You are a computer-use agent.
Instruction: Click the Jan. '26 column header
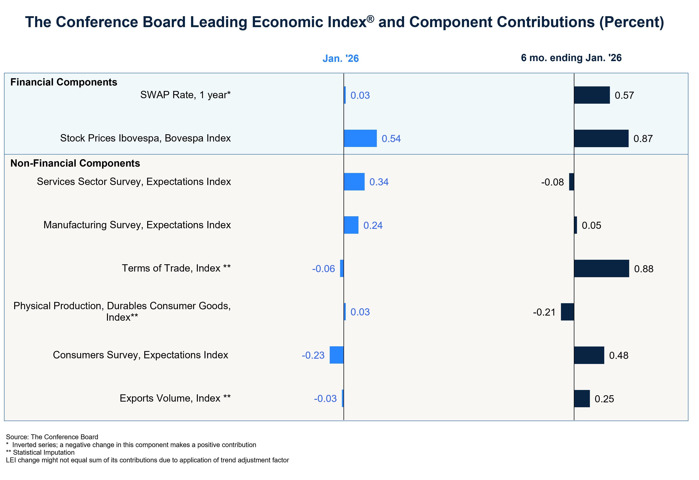point(340,58)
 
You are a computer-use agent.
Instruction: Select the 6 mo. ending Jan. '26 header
point(571,58)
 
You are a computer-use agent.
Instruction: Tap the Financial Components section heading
point(63,82)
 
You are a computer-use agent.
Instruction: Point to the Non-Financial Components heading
point(75,163)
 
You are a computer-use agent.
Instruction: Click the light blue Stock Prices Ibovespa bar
point(360,138)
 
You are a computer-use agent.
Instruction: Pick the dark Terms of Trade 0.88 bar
point(601,268)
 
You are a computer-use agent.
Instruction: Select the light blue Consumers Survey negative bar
point(337,355)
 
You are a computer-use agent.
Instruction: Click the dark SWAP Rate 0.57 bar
point(592,95)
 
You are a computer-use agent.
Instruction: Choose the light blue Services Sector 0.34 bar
point(354,182)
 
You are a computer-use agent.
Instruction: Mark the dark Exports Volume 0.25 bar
point(582,399)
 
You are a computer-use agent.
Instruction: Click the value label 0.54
point(391,139)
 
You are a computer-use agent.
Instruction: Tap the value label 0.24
point(373,225)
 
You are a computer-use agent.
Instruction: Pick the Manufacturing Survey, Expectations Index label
point(137,225)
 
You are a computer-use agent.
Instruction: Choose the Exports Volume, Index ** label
point(175,398)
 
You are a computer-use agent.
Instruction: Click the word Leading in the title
point(220,22)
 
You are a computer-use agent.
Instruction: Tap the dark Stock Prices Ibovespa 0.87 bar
point(601,138)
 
